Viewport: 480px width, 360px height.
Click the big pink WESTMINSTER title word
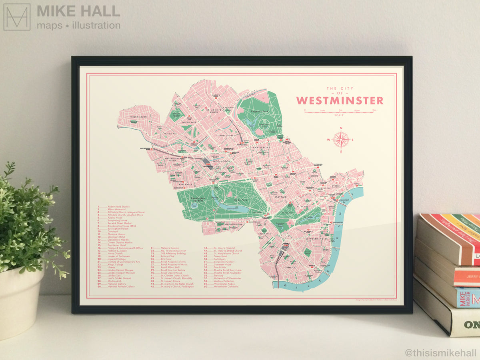(x=340, y=100)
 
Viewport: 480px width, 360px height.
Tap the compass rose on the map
(x=341, y=139)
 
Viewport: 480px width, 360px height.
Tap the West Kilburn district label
(x=138, y=117)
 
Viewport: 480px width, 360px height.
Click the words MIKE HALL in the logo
(x=78, y=11)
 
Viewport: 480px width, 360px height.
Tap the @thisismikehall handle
(x=440, y=353)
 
